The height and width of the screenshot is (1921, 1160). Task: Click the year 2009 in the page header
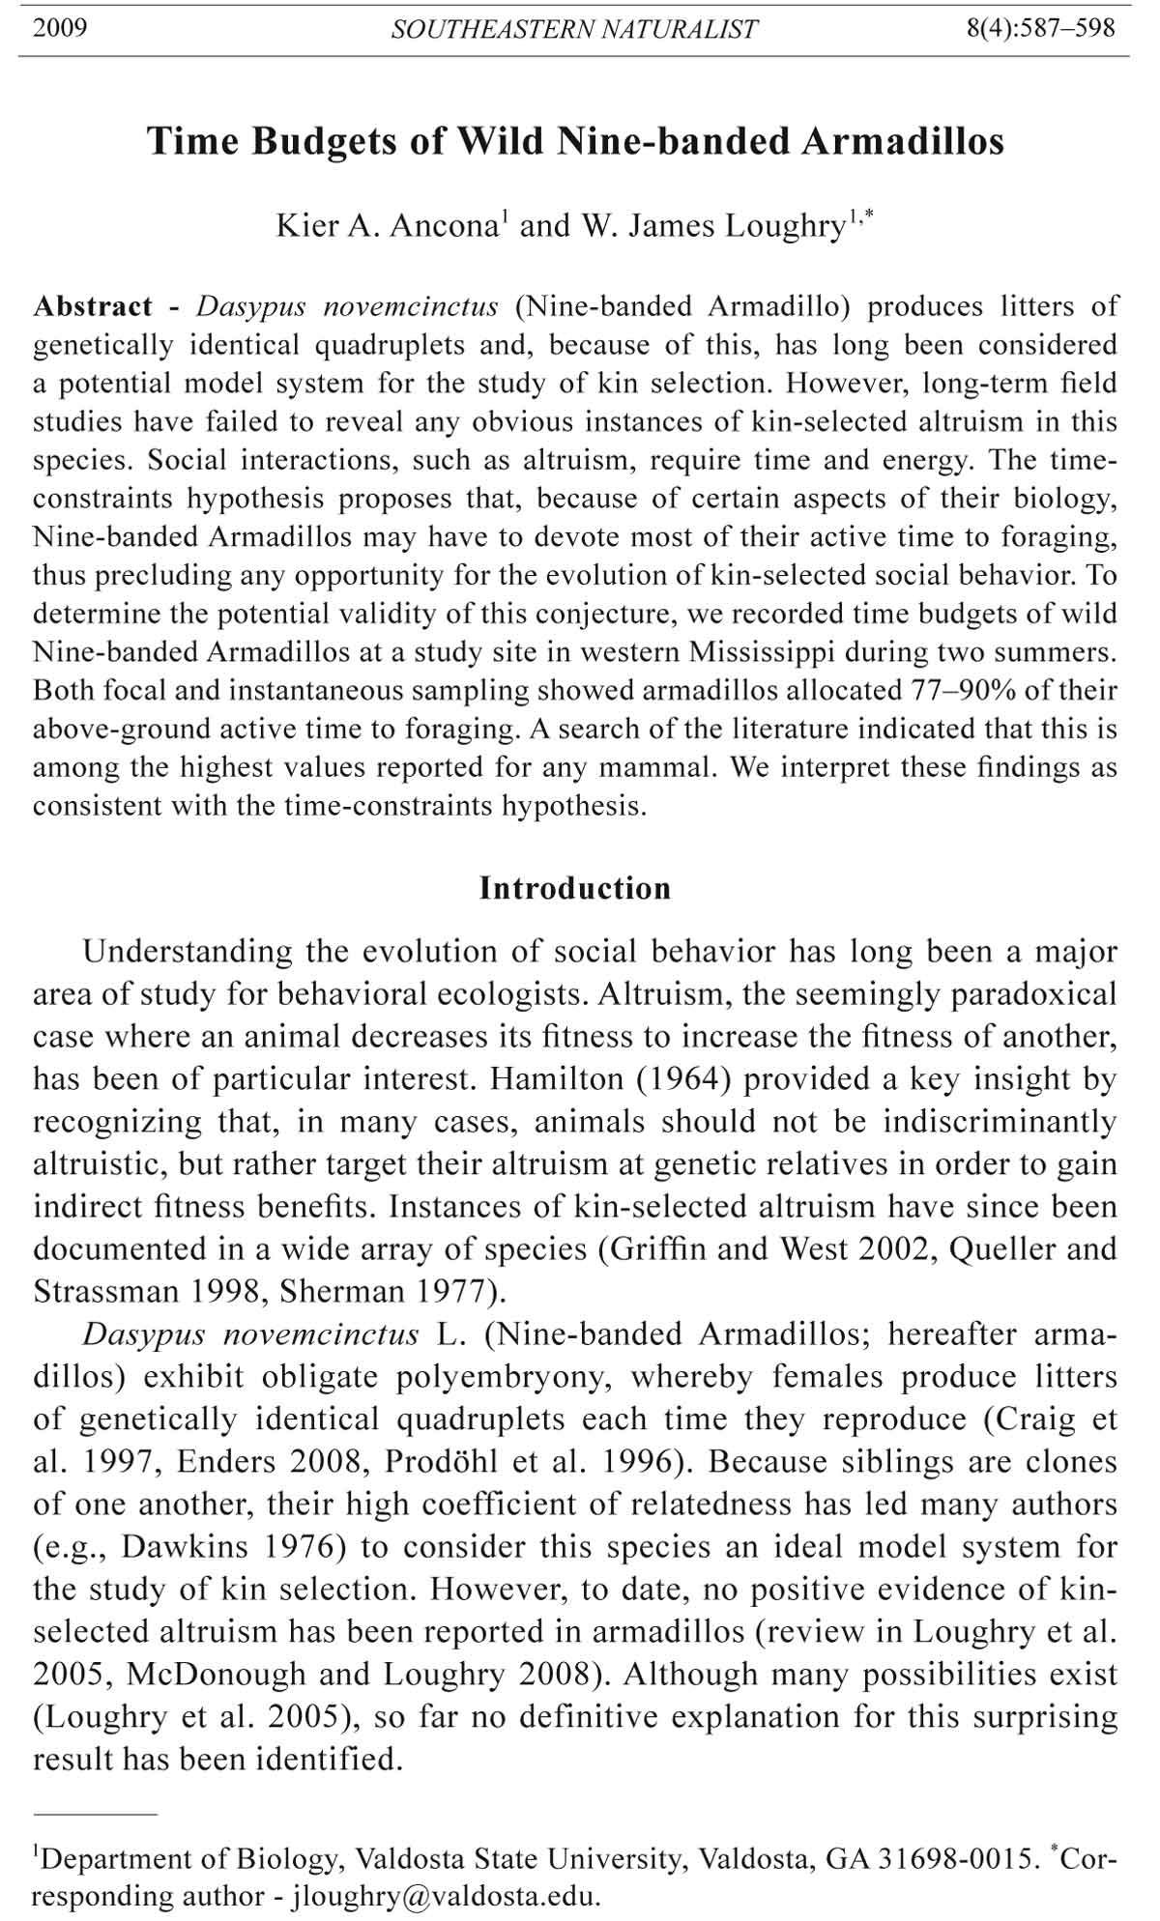tap(60, 27)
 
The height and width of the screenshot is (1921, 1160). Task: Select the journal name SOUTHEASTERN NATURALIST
tap(574, 29)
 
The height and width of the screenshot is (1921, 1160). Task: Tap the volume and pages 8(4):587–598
tap(1040, 27)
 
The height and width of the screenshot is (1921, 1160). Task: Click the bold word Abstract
tap(93, 307)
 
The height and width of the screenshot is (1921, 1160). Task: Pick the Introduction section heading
tap(575, 889)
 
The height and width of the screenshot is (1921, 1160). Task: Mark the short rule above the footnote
tap(95, 1816)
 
